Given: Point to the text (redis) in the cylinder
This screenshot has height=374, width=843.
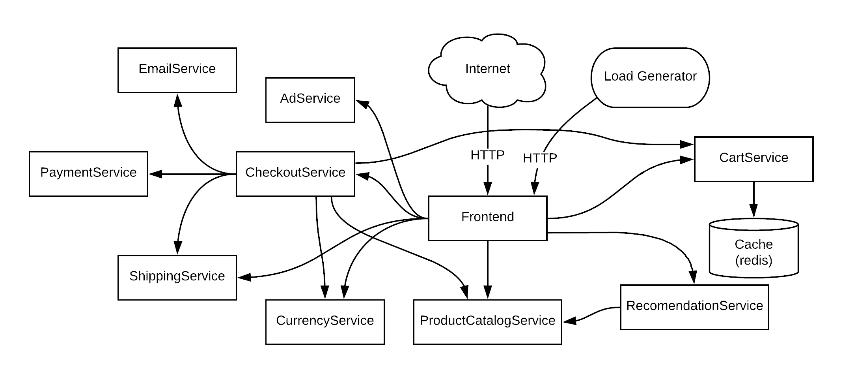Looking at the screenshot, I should point(753,260).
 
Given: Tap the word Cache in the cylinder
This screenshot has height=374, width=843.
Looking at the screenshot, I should point(753,244).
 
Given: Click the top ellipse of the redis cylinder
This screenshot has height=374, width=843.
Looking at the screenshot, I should point(753,225).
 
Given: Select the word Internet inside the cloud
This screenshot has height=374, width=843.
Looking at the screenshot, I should point(487,69).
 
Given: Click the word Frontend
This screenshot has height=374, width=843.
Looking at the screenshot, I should point(487,217).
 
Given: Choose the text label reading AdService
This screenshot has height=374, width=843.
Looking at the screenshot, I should point(310,98).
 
